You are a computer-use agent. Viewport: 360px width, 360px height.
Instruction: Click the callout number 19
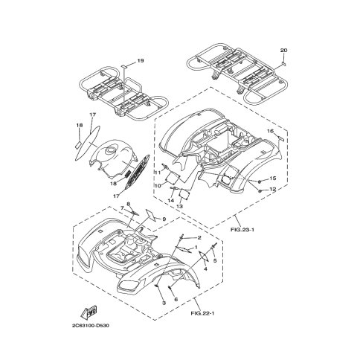(x=141, y=61)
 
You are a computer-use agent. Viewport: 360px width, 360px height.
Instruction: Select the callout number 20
(x=284, y=51)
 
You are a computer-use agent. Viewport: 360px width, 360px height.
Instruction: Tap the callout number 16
(x=270, y=131)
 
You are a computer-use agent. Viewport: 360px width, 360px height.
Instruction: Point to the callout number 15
(x=273, y=179)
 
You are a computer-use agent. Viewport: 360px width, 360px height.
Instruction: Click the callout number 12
(x=273, y=189)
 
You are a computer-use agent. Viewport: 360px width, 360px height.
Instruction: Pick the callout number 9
(x=164, y=219)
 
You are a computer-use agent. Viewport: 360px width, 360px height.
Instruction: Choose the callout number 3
(x=164, y=303)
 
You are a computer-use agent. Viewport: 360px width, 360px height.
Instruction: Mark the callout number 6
(x=176, y=300)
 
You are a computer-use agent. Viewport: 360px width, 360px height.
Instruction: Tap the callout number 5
(x=215, y=260)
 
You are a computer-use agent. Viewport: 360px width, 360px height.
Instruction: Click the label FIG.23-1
(x=242, y=230)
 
